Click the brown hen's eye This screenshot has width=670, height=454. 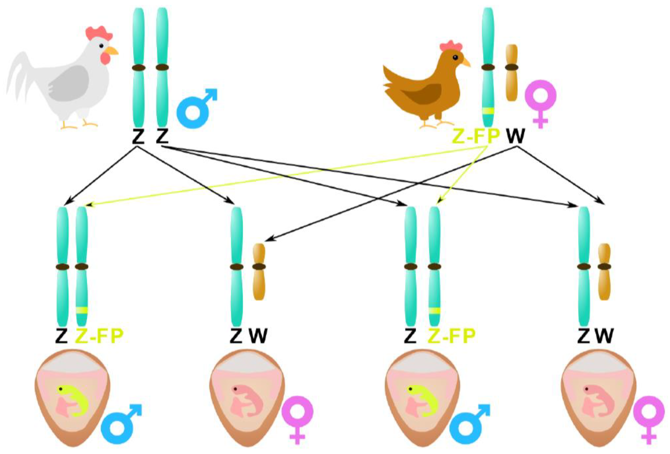click(x=455, y=57)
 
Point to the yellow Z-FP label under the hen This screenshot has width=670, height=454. click(x=476, y=136)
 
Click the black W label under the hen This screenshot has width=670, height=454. click(x=516, y=136)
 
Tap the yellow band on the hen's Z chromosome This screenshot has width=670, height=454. click(x=488, y=111)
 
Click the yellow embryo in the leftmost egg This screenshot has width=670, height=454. click(x=76, y=399)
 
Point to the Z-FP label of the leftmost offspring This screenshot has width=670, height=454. click(x=100, y=336)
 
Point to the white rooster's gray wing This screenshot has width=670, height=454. click(x=69, y=84)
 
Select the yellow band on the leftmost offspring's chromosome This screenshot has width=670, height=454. click(x=82, y=310)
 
